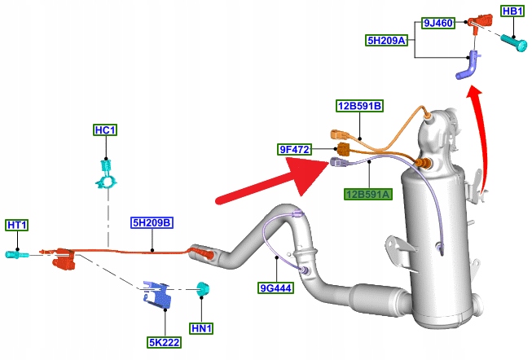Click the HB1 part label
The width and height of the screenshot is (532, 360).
coord(512,11)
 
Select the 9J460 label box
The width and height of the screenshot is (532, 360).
coord(437,24)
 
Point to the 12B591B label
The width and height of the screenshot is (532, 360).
coord(359,106)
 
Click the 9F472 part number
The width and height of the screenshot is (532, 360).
coord(295,149)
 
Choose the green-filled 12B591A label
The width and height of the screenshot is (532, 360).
coord(367,194)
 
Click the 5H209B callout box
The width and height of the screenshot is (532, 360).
coord(152,222)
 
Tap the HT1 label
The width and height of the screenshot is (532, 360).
coord(17,225)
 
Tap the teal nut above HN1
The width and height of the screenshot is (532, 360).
coord(203,289)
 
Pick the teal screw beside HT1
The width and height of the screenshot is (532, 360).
coord(17,255)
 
